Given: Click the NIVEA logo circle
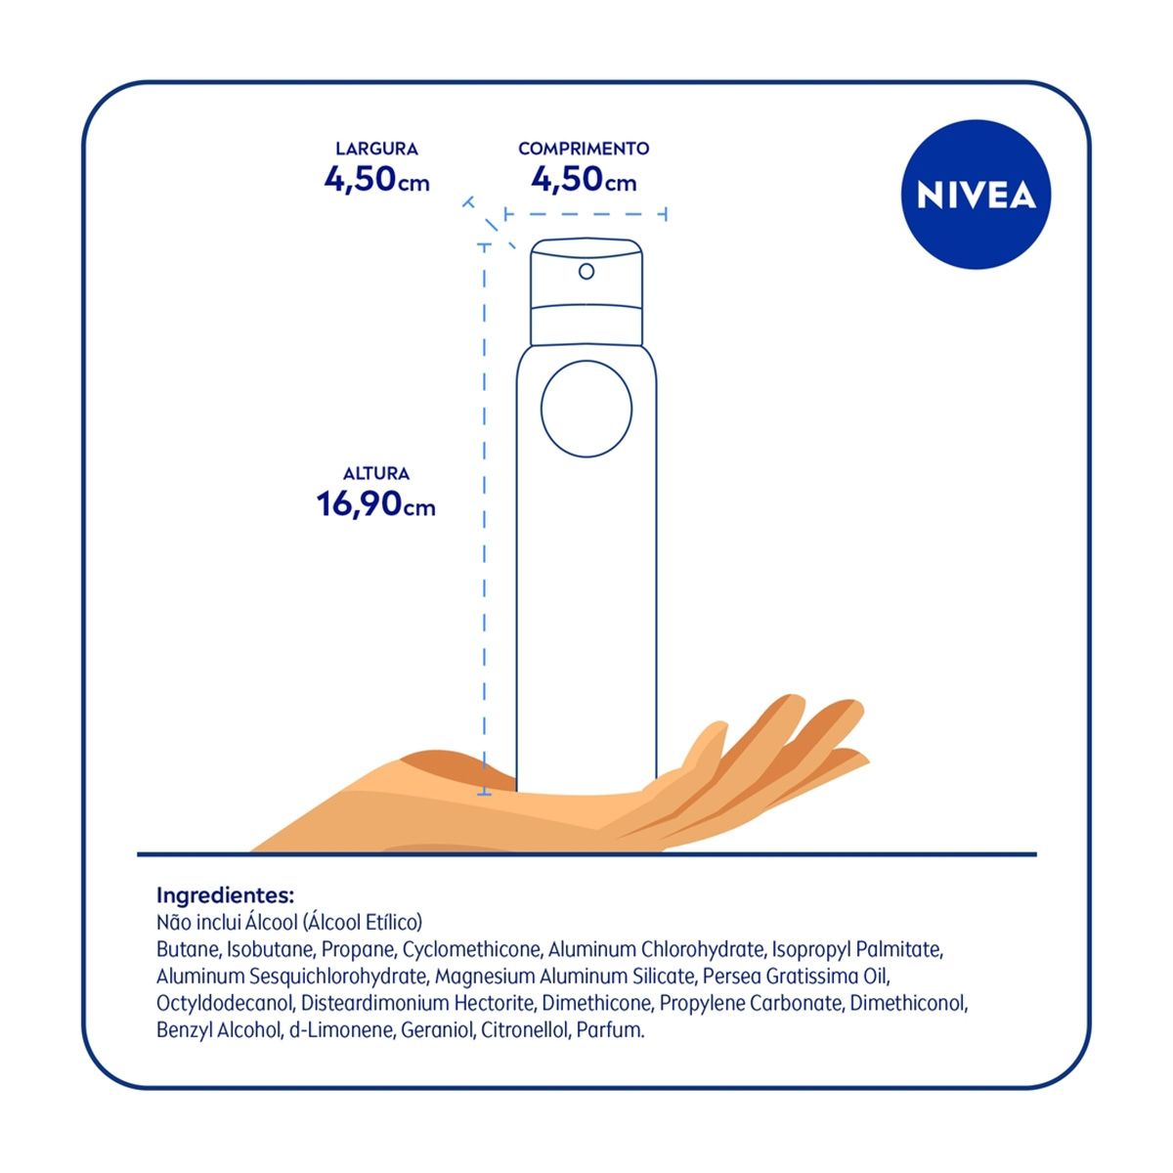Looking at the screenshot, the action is coord(976,195).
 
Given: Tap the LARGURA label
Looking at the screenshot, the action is coord(376,149).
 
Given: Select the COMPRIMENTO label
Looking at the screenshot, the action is coord(584,149).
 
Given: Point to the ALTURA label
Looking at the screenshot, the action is coord(376,473).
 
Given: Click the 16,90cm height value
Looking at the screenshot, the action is coord(376,504).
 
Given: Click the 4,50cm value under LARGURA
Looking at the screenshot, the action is coord(376,180).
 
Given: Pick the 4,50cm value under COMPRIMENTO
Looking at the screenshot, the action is coord(584,180).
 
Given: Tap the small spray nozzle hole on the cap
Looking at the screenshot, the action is coord(586,272).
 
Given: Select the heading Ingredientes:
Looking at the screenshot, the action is coord(225,895).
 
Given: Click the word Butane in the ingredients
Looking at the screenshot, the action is coord(187,949).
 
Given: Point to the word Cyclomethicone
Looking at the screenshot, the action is coord(472,949).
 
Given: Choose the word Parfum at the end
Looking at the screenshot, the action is coord(610,1030).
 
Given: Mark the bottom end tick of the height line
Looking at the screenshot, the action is coord(484,794).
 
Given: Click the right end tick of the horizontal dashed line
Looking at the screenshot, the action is coord(666,214).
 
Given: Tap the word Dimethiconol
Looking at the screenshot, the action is coord(908,1003).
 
